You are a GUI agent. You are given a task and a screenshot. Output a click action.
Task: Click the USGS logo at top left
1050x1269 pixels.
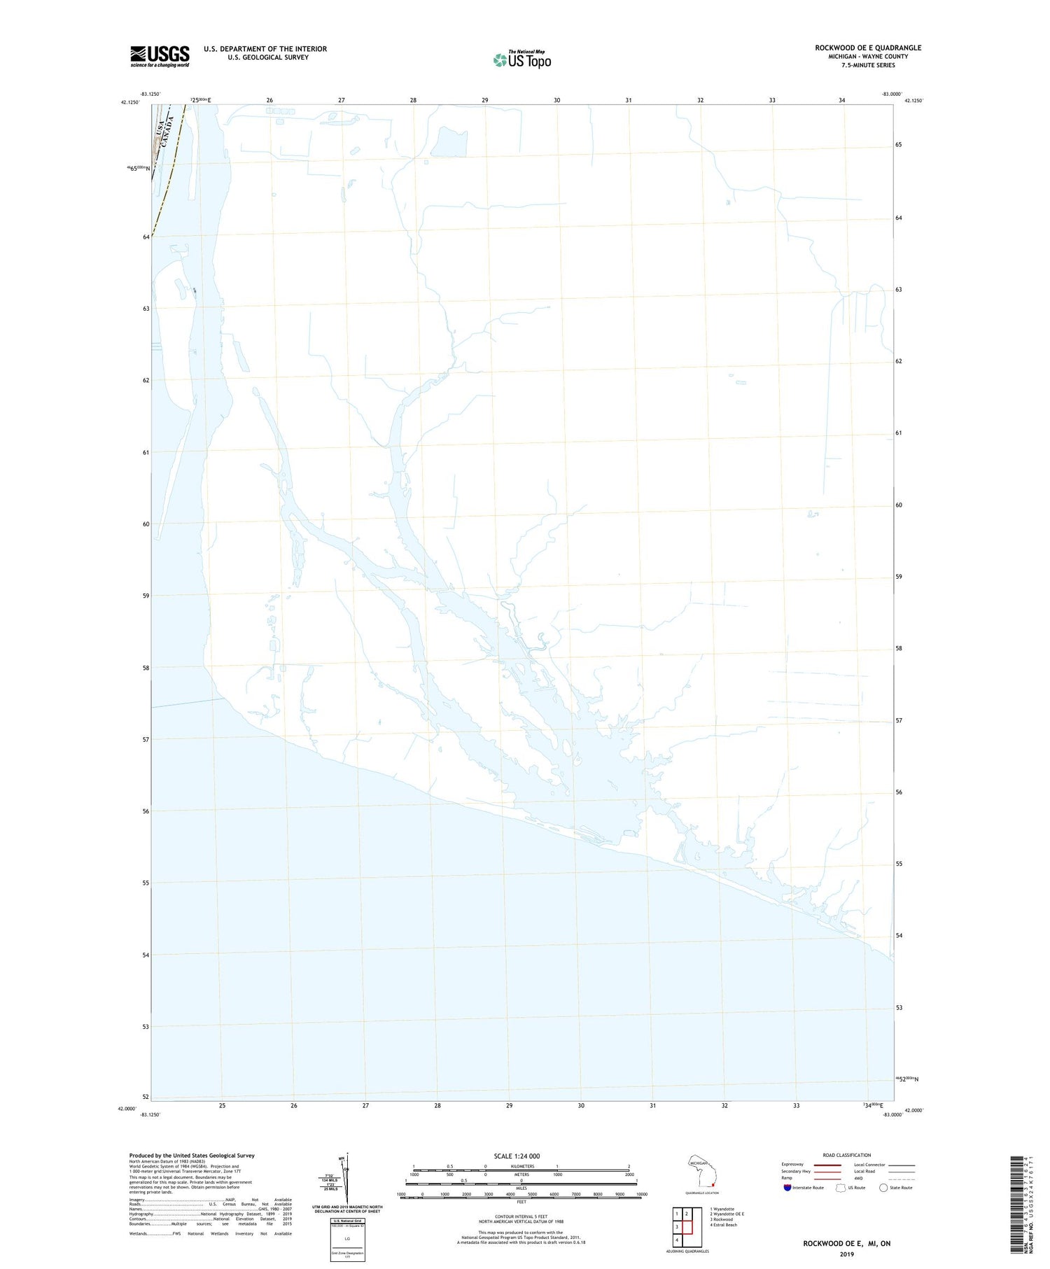[160, 55]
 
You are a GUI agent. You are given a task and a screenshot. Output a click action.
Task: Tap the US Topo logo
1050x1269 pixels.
[522, 60]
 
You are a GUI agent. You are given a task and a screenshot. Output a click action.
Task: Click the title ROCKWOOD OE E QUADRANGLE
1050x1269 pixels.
[868, 48]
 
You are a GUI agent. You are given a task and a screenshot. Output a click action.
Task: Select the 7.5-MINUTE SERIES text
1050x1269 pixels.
[868, 65]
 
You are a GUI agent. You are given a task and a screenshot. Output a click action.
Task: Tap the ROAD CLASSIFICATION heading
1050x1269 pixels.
[847, 1156]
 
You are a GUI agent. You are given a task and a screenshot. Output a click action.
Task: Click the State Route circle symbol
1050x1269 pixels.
[883, 1188]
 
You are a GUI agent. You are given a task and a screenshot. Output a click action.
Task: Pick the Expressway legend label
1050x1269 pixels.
[792, 1165]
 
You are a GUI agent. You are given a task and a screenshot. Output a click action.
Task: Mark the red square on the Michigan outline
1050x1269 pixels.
[713, 1185]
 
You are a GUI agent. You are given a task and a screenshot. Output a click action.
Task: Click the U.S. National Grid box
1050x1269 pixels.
[347, 1240]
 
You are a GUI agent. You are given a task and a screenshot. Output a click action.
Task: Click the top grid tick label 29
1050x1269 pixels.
[485, 100]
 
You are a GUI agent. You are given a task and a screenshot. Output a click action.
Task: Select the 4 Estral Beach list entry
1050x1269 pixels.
[723, 1225]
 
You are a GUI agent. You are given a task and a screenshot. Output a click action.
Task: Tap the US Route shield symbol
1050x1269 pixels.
[841, 1188]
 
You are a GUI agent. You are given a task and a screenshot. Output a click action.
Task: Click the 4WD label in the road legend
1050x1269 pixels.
[860, 1178]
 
